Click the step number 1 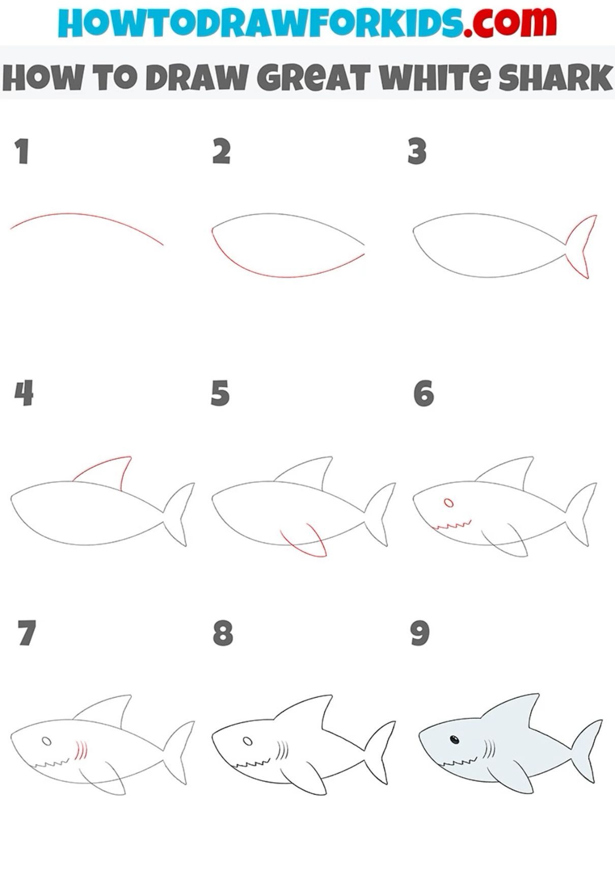pyautogui.click(x=21, y=151)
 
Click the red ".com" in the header pyautogui.click(x=509, y=23)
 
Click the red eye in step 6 pyautogui.click(x=448, y=503)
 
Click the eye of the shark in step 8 pyautogui.click(x=248, y=741)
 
